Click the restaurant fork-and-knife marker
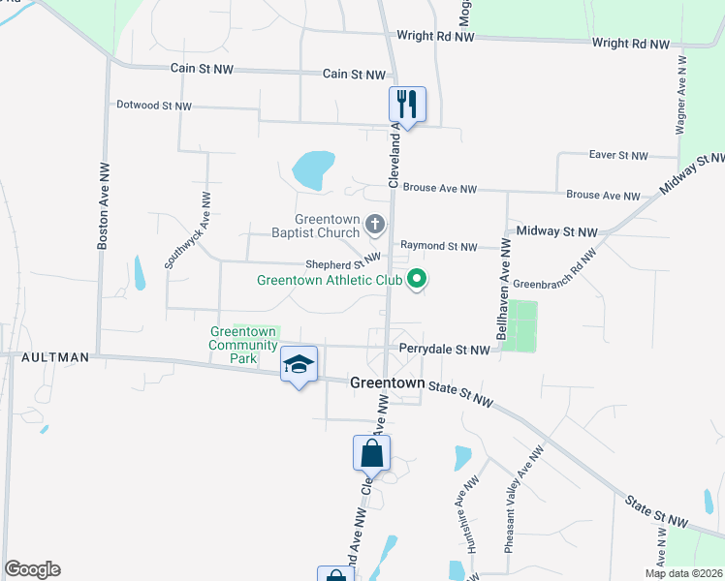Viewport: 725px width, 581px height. [406, 104]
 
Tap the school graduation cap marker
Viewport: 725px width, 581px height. [299, 364]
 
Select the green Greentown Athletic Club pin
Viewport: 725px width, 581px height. [418, 280]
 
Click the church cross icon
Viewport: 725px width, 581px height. [375, 226]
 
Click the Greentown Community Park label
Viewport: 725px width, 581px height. [243, 345]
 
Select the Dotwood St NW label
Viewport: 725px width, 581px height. [153, 106]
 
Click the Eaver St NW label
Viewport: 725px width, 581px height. [617, 155]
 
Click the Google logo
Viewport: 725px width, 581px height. [32, 569]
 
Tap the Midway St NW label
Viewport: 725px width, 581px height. [557, 231]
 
